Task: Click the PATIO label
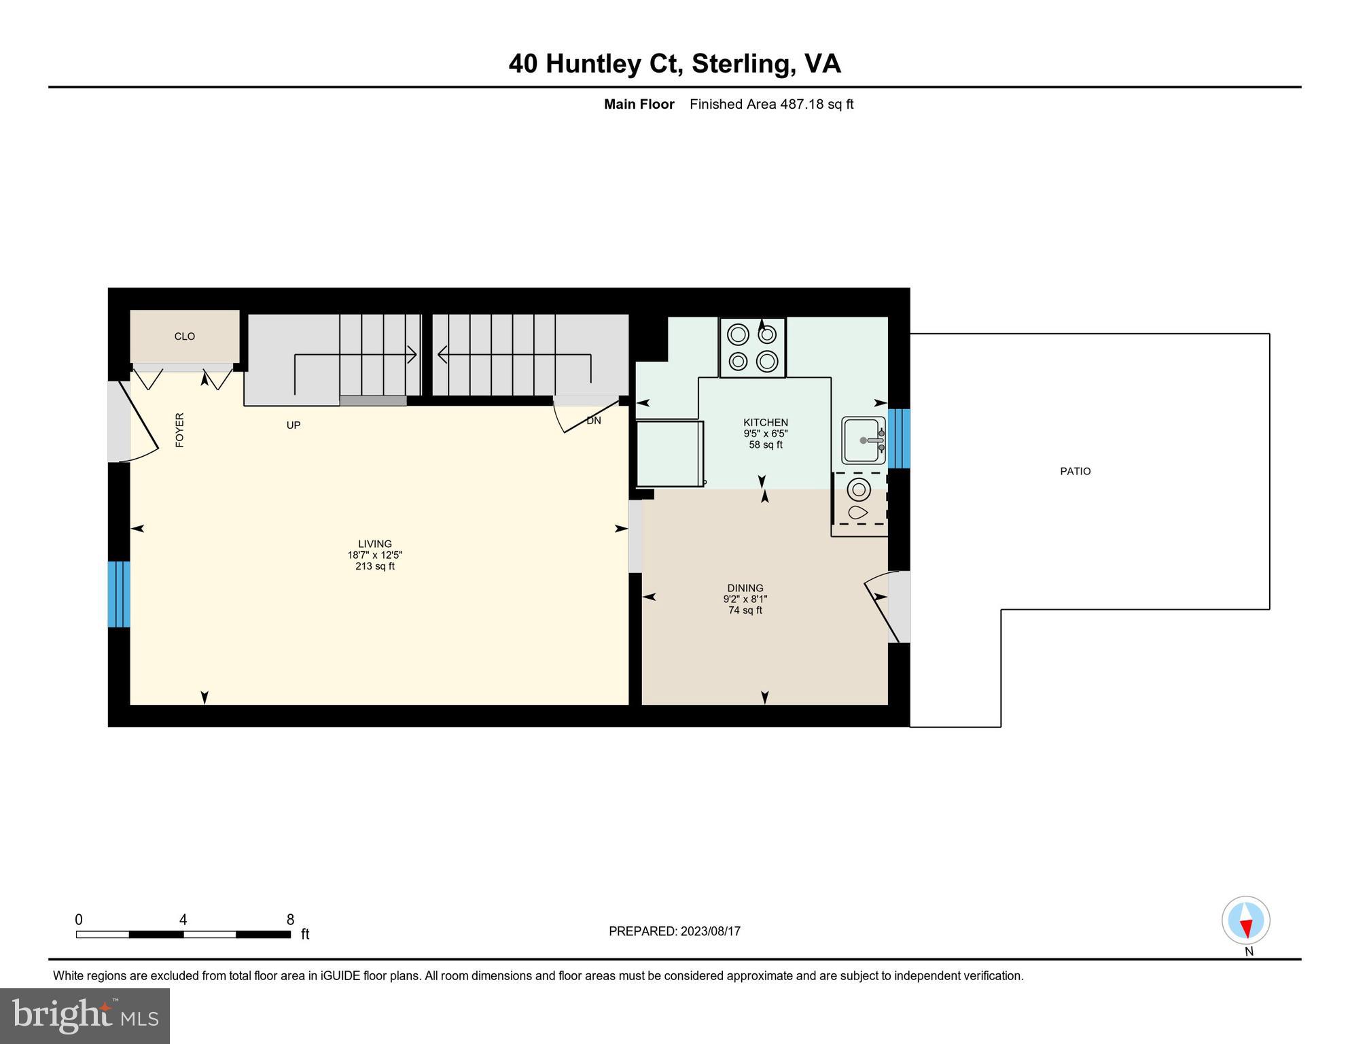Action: click(1075, 471)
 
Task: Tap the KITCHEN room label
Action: click(765, 422)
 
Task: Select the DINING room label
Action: click(745, 588)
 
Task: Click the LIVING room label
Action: click(375, 544)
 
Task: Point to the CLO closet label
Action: click(185, 336)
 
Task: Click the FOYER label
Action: click(180, 430)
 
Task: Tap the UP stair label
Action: click(294, 425)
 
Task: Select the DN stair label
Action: click(594, 421)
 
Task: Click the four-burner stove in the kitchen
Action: click(753, 347)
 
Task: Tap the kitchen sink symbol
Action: click(864, 440)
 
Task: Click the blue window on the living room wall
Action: click(119, 594)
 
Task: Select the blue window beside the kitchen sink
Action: click(899, 438)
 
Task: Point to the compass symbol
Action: click(1246, 920)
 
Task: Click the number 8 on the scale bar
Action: click(290, 920)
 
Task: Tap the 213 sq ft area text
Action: click(375, 566)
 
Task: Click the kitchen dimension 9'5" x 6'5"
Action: click(765, 434)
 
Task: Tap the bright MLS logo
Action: click(85, 1016)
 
